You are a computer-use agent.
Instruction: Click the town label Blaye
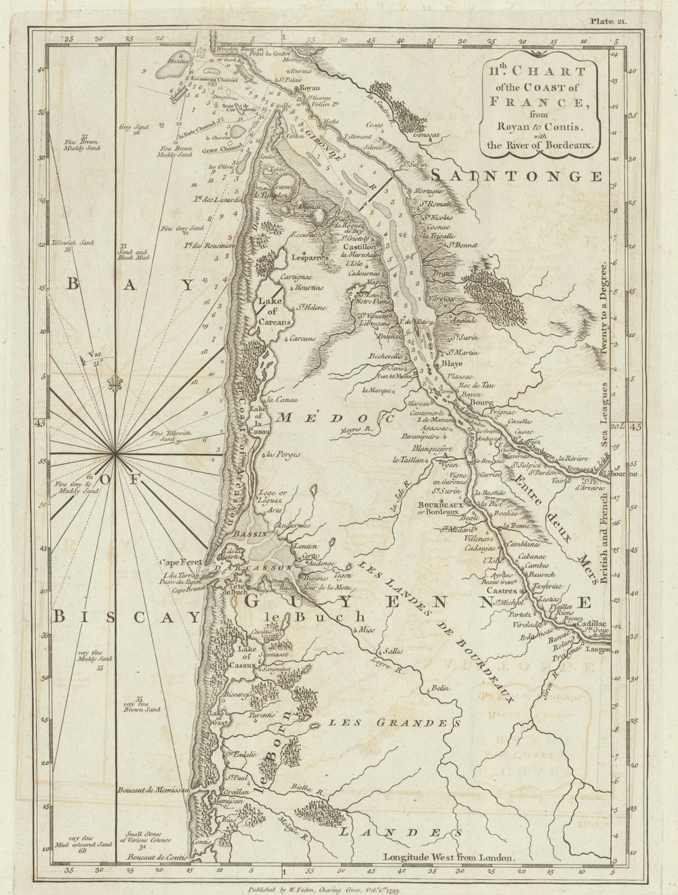452,363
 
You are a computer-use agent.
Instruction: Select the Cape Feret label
178,562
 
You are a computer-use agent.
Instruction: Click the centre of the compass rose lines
117,453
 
